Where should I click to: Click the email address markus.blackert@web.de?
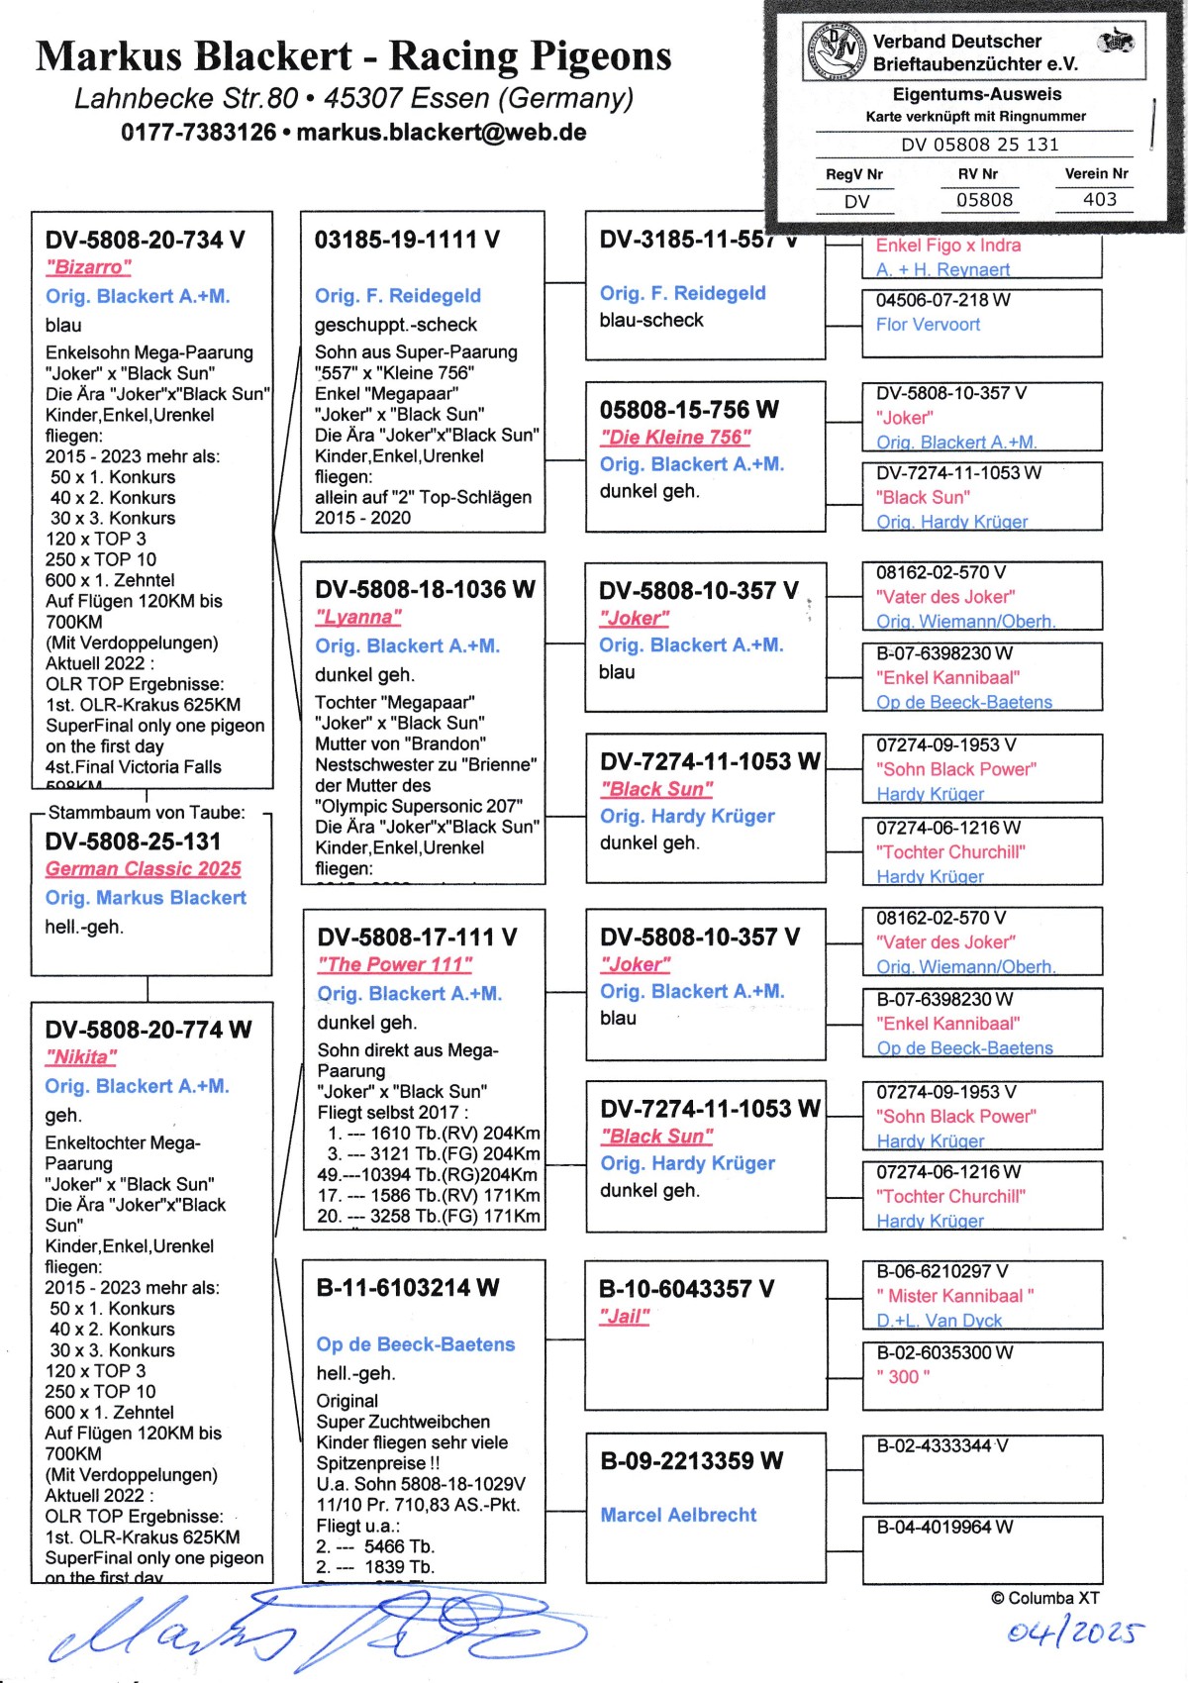(442, 133)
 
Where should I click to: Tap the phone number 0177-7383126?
(198, 133)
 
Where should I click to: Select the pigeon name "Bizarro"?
(88, 267)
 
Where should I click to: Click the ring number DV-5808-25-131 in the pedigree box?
(133, 841)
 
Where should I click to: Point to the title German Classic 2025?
(144, 869)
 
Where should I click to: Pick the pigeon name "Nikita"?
(81, 1057)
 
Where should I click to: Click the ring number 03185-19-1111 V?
(407, 240)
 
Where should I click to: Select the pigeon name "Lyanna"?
(358, 618)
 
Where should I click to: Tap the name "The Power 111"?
(395, 965)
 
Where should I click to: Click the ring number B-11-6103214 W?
(408, 1288)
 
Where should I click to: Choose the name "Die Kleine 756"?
(675, 438)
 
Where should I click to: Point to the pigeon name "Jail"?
(625, 1317)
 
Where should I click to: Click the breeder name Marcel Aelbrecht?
(678, 1515)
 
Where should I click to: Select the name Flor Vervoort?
(928, 325)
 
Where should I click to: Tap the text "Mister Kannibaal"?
(955, 1296)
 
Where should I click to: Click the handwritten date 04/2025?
(1075, 1632)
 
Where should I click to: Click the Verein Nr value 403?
(1099, 200)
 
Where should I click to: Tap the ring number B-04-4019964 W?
(944, 1528)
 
